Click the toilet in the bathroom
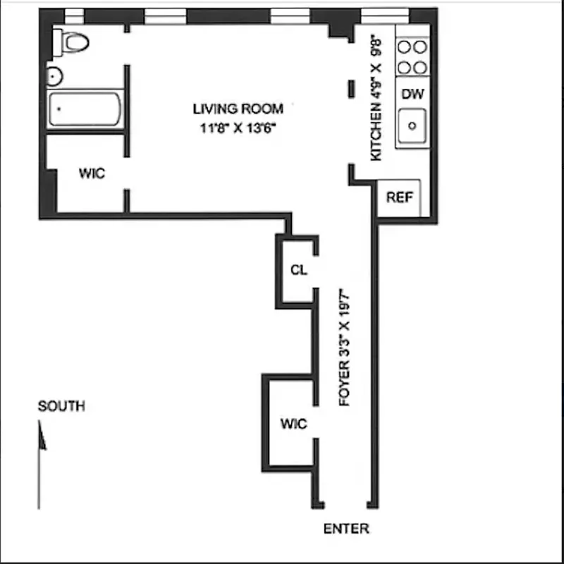pos(73,42)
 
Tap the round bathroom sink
pos(54,75)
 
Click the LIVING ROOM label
pos(238,109)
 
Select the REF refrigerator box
pos(399,198)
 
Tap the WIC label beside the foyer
pos(294,424)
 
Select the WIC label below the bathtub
pos(92,173)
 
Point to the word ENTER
pos(346,529)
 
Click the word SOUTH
pos(61,406)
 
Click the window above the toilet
pos(73,16)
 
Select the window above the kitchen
pos(380,16)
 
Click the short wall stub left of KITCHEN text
pos(350,89)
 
